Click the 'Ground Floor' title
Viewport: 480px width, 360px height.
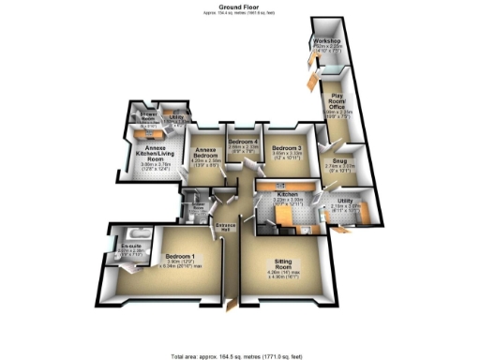pyautogui.click(x=239, y=5)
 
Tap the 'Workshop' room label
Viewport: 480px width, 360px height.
pyautogui.click(x=327, y=42)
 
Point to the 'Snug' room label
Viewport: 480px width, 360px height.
pyautogui.click(x=338, y=160)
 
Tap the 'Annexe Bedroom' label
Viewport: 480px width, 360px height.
pyautogui.click(x=205, y=154)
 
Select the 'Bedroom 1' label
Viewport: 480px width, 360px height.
pyautogui.click(x=181, y=256)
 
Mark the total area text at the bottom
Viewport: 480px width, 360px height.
pyautogui.click(x=240, y=355)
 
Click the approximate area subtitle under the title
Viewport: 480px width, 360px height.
pyautogui.click(x=239, y=12)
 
